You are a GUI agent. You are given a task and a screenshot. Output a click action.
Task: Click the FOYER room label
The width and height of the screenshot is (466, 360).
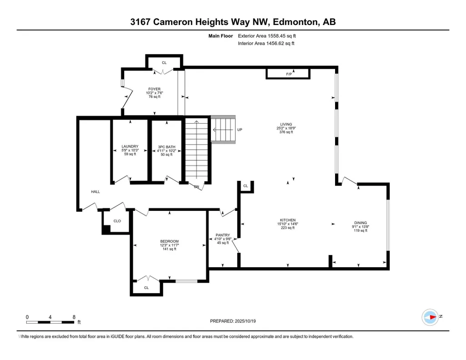(154, 89)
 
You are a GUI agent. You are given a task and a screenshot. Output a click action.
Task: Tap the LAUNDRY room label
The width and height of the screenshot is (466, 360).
(130, 146)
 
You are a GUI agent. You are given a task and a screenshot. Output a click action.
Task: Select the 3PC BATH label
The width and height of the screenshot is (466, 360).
(166, 147)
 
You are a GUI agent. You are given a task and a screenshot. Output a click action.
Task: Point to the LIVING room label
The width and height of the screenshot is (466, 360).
(286, 125)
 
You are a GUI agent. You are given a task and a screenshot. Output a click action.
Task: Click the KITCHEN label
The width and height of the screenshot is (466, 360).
(288, 220)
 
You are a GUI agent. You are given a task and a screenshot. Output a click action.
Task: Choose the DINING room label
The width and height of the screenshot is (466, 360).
(361, 223)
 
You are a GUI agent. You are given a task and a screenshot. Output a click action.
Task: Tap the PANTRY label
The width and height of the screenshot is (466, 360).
(223, 235)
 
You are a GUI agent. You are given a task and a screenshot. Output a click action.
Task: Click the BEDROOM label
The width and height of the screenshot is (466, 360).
(170, 241)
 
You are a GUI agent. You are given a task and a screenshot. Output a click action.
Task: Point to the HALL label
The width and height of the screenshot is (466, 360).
(95, 192)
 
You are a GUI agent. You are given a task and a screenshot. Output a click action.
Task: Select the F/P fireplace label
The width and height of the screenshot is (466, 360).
(289, 74)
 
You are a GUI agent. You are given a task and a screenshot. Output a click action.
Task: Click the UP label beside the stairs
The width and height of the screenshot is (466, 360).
(240, 130)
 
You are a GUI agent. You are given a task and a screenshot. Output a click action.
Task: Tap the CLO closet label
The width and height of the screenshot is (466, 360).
(117, 221)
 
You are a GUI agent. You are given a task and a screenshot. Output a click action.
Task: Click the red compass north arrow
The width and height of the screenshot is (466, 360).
(433, 317)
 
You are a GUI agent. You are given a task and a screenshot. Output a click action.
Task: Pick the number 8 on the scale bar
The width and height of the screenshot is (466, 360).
(74, 317)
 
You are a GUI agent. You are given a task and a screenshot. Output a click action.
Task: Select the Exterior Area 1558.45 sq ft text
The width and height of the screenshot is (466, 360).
(267, 36)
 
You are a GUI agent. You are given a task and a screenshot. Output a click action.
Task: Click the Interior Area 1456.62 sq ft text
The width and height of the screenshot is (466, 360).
(266, 43)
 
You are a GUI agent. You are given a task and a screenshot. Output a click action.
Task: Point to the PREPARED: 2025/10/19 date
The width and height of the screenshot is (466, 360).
(233, 321)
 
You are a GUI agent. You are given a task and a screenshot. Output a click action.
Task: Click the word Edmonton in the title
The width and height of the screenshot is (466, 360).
(294, 22)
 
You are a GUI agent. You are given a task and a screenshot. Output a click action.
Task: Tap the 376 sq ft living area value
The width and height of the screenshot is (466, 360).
(286, 132)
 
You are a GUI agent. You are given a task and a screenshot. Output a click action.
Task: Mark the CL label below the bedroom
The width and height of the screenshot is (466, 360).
(146, 288)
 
